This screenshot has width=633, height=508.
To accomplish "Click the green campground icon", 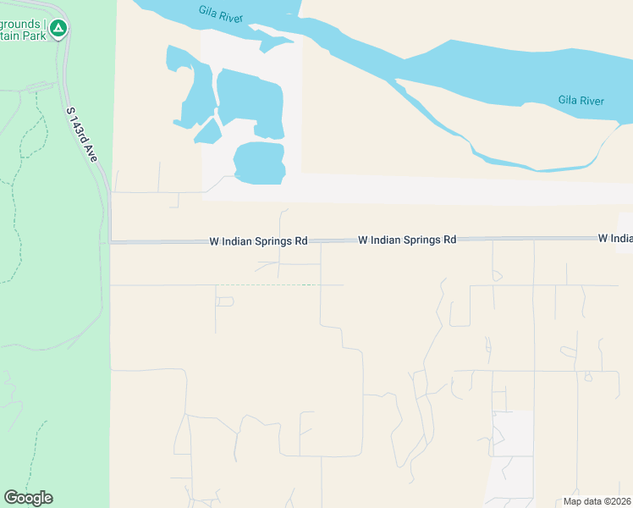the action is (58, 29).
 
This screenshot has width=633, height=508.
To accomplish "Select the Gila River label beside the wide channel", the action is (581, 101).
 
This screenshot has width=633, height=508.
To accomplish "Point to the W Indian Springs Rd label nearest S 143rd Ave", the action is (258, 241).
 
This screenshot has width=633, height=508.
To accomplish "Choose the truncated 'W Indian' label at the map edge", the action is (615, 239).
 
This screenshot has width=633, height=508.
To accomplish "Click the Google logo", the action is (28, 498).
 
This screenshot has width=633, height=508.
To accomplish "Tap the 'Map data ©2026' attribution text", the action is (597, 501).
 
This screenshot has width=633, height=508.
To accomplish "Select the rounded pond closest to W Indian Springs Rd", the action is (259, 163).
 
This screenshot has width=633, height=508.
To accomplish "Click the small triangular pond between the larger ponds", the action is (208, 131).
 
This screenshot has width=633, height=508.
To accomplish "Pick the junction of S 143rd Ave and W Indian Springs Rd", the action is (110, 242).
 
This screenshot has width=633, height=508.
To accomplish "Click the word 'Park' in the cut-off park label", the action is (34, 36).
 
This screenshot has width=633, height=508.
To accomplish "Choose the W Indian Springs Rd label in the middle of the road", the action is (407, 240).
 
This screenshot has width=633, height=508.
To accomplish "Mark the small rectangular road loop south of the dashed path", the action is (224, 301).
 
